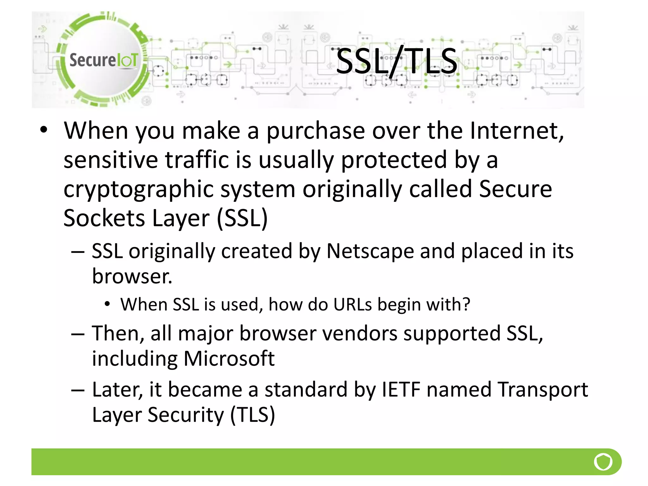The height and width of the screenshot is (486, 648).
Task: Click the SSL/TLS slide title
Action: [396, 61]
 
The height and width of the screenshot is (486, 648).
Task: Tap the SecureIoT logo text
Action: [103, 60]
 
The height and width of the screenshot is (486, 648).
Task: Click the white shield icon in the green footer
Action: [603, 462]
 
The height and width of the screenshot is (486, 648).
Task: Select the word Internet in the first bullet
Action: [517, 130]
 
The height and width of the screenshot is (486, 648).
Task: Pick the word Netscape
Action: [370, 251]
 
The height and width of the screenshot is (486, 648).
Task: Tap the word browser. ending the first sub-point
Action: [132, 277]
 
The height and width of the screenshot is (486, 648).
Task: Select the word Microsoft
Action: [229, 359]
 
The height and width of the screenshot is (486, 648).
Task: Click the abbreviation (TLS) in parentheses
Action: [252, 415]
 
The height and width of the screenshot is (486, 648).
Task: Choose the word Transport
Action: [543, 389]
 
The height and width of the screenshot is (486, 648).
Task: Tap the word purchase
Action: [315, 131]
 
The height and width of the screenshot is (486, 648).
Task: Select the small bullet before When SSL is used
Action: [107, 304]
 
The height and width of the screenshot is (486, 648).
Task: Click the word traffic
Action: [197, 160]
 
